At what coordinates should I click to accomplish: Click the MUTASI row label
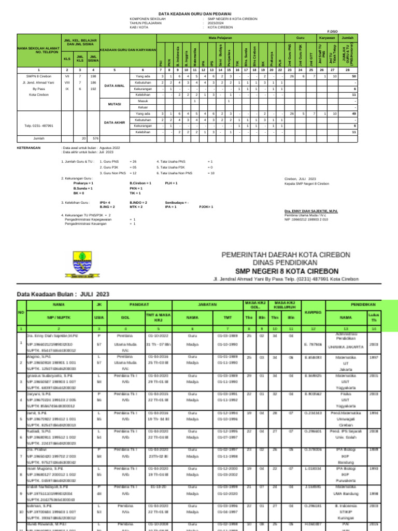click(114, 104)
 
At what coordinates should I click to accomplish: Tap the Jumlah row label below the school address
click(39, 138)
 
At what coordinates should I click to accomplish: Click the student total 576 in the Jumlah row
click(95, 138)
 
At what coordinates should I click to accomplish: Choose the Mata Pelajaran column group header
click(220, 38)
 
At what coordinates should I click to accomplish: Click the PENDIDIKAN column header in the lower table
click(367, 304)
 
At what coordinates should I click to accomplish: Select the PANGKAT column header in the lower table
click(137, 304)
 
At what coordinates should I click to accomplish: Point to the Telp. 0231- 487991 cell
click(39, 125)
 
